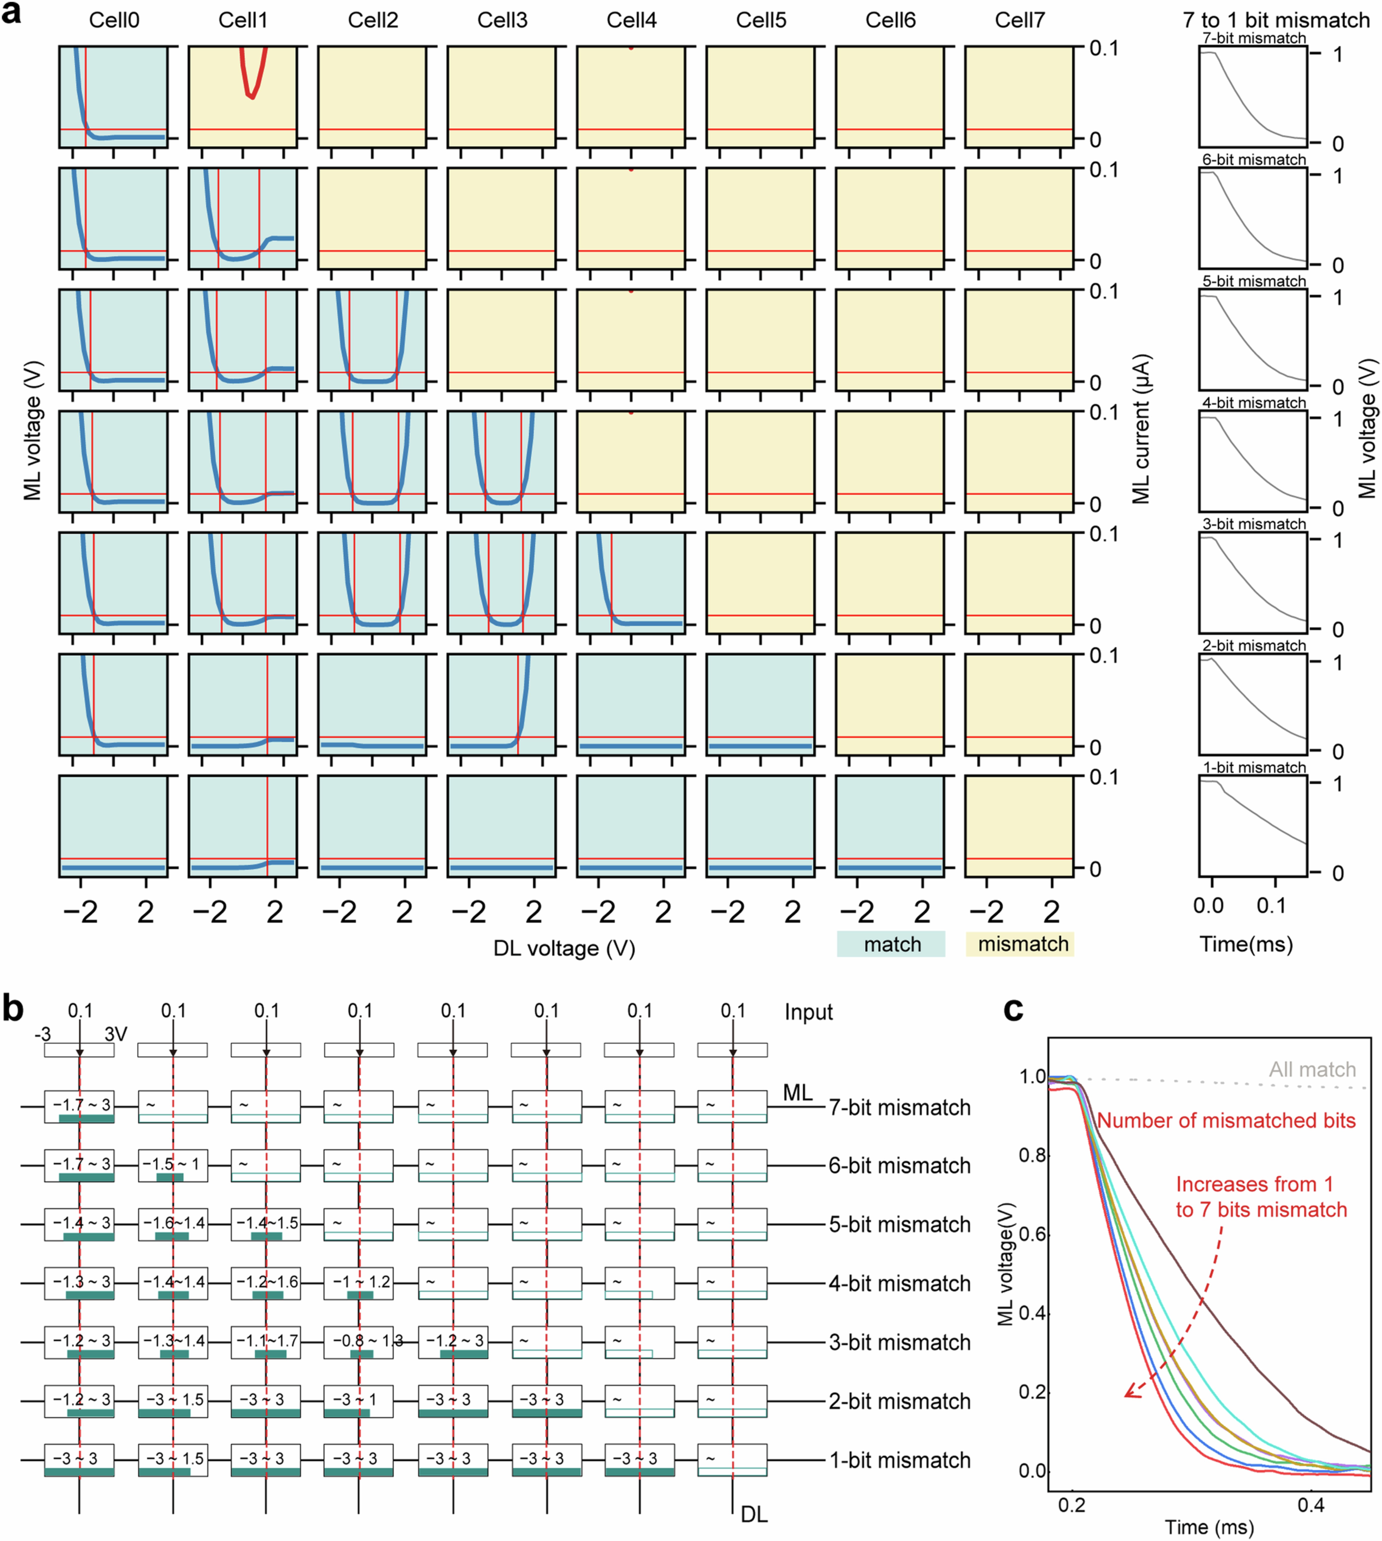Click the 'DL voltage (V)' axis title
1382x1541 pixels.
point(564,948)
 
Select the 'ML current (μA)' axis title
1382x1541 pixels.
point(1141,429)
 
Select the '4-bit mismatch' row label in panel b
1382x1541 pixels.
point(899,1283)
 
